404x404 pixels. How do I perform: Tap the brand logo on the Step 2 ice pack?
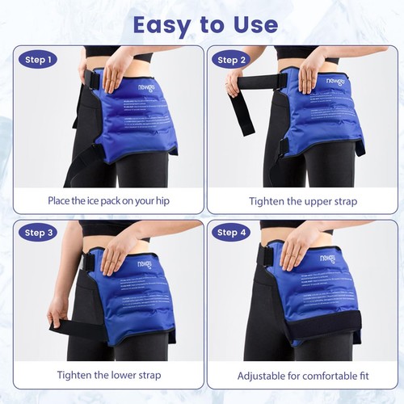pyautogui.click(x=335, y=83)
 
